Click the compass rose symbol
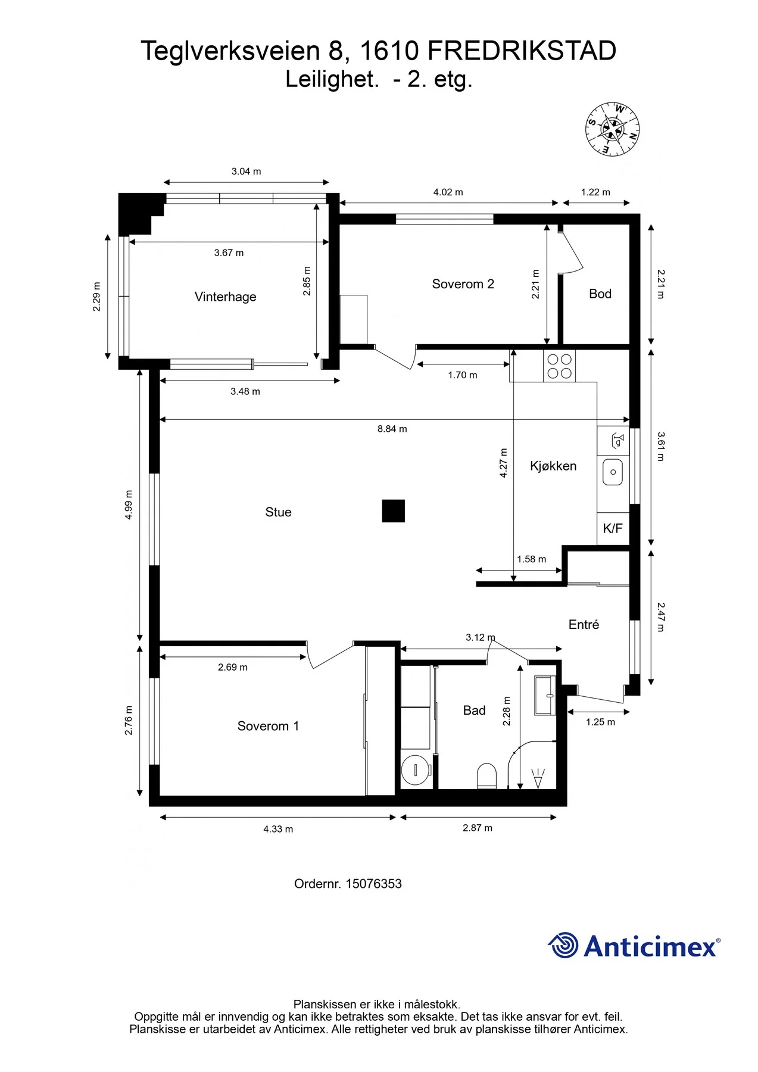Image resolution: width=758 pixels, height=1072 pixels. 612,129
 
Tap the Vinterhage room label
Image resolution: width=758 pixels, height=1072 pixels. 225,297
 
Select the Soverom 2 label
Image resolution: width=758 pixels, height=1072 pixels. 463,284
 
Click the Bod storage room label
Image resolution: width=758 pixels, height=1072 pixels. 600,294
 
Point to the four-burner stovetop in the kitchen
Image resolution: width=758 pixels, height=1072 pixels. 559,366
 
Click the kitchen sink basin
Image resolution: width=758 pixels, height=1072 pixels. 613,472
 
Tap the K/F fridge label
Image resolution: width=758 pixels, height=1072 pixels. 613,528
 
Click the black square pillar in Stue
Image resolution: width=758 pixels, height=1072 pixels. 393,511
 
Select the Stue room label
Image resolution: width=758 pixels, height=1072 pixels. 278,512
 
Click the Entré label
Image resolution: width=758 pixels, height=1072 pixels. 584,625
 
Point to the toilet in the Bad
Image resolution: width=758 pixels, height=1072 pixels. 486,776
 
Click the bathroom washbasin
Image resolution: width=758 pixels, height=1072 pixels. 545,695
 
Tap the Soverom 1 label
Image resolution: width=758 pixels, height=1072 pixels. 268,726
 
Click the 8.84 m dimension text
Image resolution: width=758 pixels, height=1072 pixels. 392,429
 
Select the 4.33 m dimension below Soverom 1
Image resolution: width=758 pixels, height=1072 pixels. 278,829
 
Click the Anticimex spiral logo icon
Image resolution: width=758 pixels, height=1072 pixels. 563,945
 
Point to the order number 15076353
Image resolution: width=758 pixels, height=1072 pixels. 373,884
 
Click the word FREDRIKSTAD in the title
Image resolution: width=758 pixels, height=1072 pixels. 522,51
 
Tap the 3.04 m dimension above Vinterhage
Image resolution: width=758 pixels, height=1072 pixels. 247,172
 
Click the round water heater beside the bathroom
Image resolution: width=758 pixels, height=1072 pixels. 416,771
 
